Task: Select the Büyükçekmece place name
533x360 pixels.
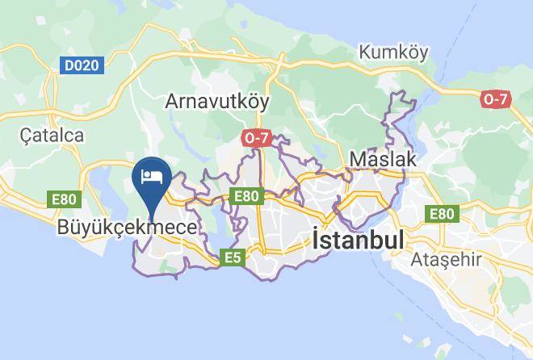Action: [127, 228]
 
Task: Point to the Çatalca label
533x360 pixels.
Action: [52, 135]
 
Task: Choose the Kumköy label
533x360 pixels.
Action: [395, 52]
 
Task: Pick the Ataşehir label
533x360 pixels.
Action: [446, 260]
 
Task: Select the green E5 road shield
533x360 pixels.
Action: [233, 257]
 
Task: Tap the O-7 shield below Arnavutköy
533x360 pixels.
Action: [257, 138]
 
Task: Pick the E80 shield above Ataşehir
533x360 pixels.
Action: [442, 213]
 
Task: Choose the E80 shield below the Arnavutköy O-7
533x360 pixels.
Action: [246, 195]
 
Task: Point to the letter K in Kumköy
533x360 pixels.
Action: [365, 52]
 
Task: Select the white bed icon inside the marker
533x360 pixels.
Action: [152, 175]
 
